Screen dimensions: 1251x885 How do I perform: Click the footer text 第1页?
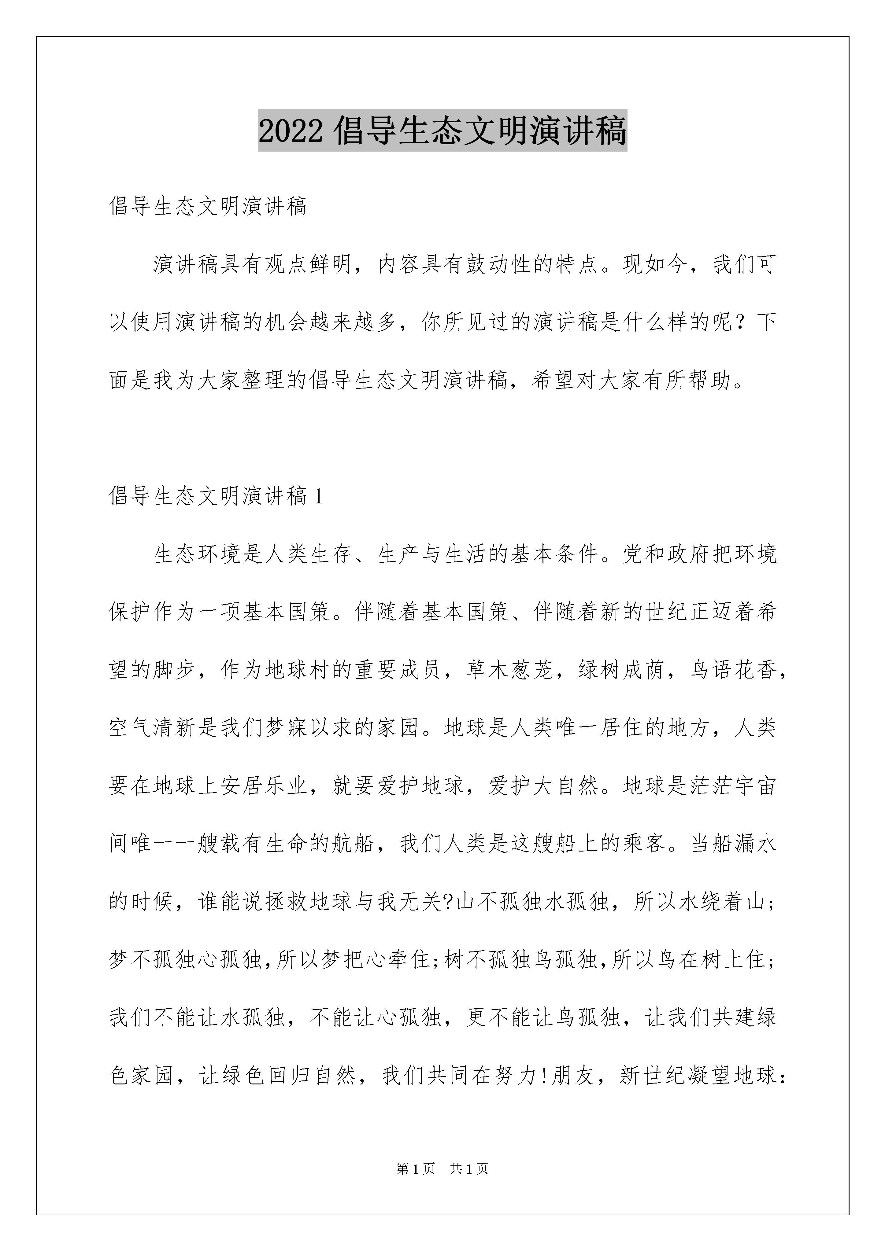pyautogui.click(x=416, y=1169)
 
